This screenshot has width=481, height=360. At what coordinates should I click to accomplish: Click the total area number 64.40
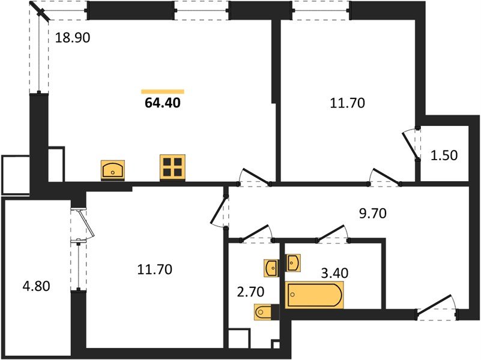point(163,103)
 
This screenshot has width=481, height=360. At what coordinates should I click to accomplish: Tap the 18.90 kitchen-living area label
point(73,38)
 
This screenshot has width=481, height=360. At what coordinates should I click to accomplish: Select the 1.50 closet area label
point(444,155)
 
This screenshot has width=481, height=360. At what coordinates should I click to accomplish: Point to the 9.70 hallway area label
point(373,213)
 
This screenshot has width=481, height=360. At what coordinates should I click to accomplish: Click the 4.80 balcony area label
point(36,286)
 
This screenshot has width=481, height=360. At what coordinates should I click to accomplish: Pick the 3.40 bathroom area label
point(334,272)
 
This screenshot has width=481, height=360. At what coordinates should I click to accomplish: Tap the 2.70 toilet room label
point(250,292)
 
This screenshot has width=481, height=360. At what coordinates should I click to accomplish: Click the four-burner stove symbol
point(172,167)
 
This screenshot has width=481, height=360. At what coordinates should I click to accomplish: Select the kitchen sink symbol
point(113,170)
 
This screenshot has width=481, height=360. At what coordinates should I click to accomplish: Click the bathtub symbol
point(315,295)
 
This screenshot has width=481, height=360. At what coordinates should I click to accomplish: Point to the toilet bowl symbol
point(263,312)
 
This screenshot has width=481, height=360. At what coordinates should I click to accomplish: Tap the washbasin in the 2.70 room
point(271,268)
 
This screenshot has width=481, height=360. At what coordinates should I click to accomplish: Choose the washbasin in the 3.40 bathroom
point(293,263)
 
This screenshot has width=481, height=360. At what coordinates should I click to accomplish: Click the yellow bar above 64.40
point(163,91)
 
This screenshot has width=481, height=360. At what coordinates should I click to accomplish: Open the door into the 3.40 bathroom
point(333,233)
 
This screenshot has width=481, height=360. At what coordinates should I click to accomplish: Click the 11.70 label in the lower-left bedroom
point(154,269)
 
